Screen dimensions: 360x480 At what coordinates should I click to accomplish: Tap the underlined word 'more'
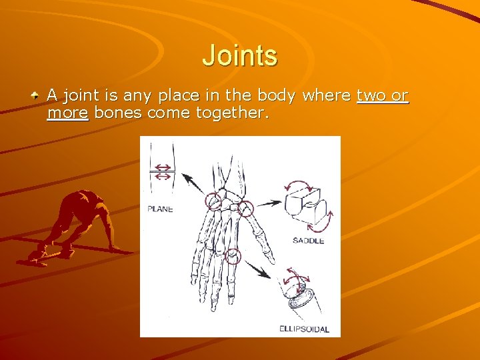point(67,113)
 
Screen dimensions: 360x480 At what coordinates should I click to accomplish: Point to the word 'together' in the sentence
point(231,113)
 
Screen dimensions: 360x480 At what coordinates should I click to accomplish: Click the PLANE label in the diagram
point(160,209)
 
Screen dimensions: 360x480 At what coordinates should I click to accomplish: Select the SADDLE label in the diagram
point(307,240)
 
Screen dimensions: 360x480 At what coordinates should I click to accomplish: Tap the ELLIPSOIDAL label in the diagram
point(304,329)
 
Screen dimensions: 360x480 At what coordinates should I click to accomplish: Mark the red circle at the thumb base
point(246,209)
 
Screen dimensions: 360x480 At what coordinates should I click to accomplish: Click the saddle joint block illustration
point(306,203)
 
